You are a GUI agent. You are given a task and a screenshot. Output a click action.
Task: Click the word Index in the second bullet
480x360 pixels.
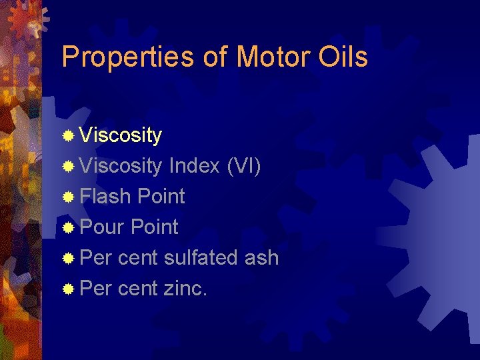click(x=195, y=165)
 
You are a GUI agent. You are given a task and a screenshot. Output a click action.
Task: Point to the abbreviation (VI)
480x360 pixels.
click(x=244, y=165)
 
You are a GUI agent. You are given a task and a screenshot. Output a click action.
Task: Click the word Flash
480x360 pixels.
click(x=106, y=196)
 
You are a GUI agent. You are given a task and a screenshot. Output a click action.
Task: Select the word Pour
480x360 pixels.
click(x=103, y=227)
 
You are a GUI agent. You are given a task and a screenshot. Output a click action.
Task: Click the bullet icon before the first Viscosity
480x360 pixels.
click(x=68, y=136)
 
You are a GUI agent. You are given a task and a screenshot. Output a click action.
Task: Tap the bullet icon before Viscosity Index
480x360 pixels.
click(x=68, y=167)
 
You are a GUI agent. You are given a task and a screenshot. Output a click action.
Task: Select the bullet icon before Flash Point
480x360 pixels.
click(x=68, y=197)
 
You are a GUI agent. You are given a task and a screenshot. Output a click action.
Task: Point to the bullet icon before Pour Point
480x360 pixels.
click(x=68, y=228)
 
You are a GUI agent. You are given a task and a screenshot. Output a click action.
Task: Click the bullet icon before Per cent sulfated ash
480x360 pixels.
click(x=68, y=259)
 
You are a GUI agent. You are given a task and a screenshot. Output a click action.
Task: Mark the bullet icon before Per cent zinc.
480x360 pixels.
click(x=68, y=289)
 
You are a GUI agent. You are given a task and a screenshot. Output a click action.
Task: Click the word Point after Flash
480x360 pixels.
click(x=161, y=196)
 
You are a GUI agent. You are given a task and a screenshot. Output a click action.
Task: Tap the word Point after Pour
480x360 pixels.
click(x=155, y=227)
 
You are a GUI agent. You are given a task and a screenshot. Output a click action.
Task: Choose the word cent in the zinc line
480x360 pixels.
click(x=137, y=288)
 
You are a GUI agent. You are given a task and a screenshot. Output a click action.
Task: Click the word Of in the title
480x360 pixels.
click(x=215, y=57)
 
